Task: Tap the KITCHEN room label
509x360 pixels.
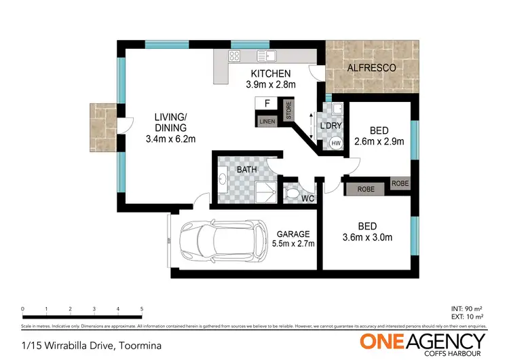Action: tap(271, 74)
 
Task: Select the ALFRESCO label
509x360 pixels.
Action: tap(371, 69)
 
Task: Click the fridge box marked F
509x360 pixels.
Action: tap(267, 104)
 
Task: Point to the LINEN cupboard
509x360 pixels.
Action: tap(266, 121)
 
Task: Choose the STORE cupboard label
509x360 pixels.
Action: tap(288, 111)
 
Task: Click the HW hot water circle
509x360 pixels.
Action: tap(335, 144)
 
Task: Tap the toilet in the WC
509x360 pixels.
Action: tap(292, 194)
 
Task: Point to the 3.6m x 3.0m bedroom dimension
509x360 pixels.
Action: tap(367, 238)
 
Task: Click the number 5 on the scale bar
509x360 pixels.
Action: tap(141, 308)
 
